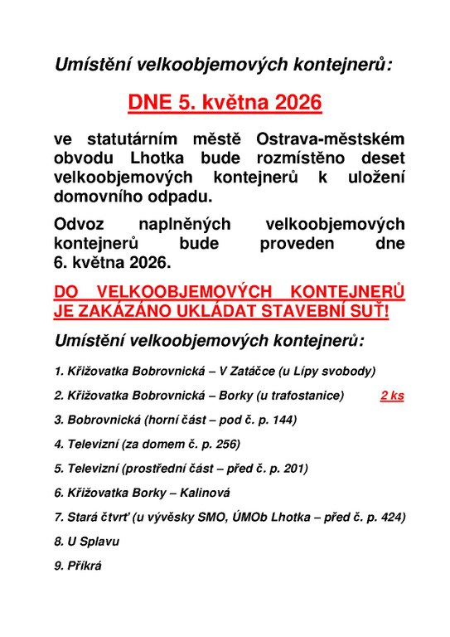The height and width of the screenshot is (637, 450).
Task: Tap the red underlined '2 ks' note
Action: click(x=392, y=396)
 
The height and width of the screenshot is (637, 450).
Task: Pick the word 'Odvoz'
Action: click(x=79, y=224)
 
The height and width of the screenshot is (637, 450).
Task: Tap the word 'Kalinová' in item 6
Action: click(x=206, y=492)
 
